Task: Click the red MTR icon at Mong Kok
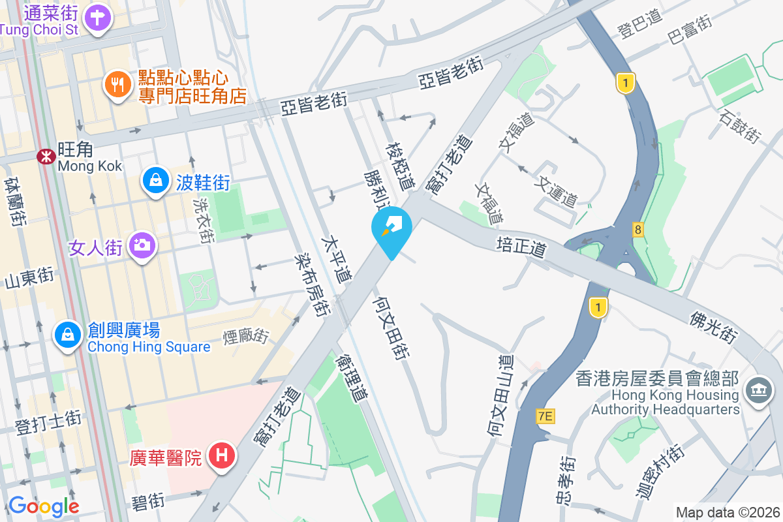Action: click(x=46, y=157)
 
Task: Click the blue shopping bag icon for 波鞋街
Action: click(x=156, y=182)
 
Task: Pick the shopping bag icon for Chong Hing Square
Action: click(x=67, y=336)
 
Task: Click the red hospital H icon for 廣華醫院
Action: click(x=221, y=455)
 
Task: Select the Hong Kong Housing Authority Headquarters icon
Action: click(x=758, y=392)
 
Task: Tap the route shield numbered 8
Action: click(x=637, y=229)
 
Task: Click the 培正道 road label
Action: click(x=520, y=247)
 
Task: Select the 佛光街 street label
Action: click(x=714, y=326)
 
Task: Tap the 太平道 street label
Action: click(x=337, y=259)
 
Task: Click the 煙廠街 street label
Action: click(x=246, y=337)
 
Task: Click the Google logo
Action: click(x=44, y=506)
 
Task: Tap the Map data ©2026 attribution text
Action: click(x=728, y=512)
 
